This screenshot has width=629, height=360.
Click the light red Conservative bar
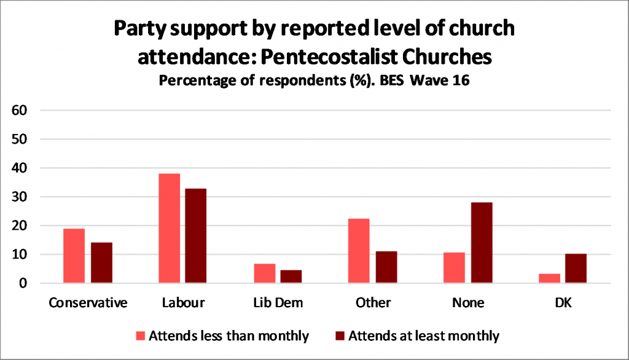click(x=74, y=256)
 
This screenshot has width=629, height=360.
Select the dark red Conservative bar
click(x=101, y=263)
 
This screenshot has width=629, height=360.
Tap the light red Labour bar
click(x=170, y=229)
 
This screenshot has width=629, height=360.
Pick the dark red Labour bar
click(x=197, y=236)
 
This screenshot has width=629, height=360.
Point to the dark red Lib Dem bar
click(x=291, y=276)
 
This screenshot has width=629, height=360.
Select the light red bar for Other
click(x=359, y=251)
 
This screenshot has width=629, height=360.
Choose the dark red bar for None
click(x=481, y=243)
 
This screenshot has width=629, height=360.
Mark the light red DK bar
click(x=549, y=278)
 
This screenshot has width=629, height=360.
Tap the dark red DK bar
click(x=576, y=268)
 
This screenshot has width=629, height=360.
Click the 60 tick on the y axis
click(x=21, y=111)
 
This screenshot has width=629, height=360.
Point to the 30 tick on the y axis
click(x=21, y=197)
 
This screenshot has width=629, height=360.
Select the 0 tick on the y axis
click(x=25, y=284)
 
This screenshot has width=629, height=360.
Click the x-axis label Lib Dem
click(x=278, y=303)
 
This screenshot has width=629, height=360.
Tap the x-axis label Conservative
click(x=88, y=303)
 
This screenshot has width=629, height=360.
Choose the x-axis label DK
click(x=563, y=303)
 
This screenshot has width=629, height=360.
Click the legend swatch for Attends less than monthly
click(x=140, y=336)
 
